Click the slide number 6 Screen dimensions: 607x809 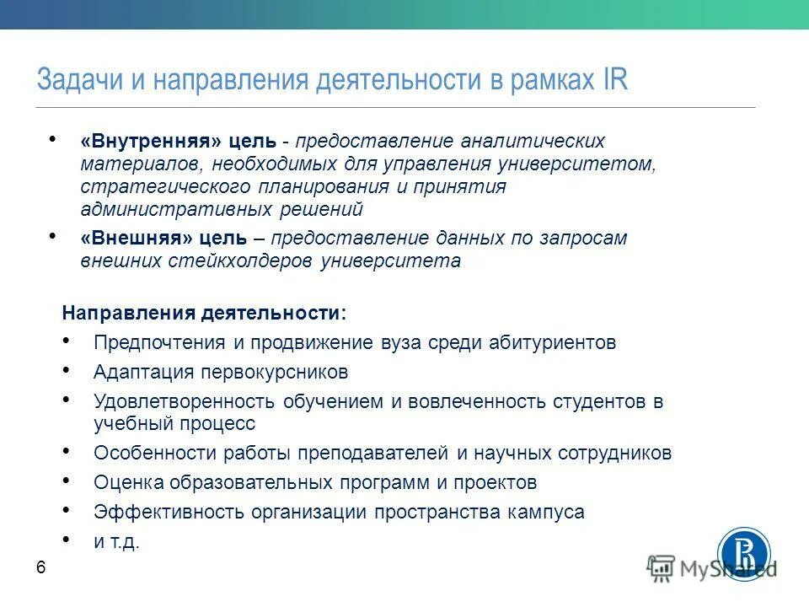[x=40, y=568]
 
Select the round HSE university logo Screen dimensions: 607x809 [x=743, y=555]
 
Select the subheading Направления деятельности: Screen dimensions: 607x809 [x=204, y=312]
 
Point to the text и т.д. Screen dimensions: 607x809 [x=116, y=542]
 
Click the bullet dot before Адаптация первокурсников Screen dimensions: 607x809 [x=67, y=368]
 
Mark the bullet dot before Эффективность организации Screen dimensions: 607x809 [x=67, y=508]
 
